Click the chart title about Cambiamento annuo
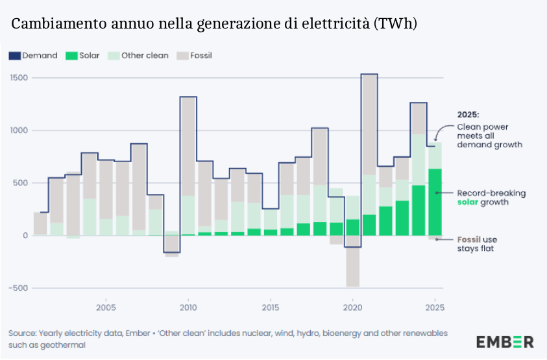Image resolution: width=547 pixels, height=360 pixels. coord(214,24)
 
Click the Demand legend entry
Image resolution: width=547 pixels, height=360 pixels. coord(33,56)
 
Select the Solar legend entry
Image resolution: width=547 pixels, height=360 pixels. coord(83,56)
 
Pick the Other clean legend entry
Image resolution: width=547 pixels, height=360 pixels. coord(138,56)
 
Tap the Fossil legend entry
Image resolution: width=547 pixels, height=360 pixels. coord(194,56)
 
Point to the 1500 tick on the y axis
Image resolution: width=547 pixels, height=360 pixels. coord(18,78)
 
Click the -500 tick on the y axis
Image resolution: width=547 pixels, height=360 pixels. coord(18,288)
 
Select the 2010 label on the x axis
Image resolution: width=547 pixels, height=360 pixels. coord(188,307)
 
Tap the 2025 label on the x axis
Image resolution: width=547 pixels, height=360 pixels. coord(435,307)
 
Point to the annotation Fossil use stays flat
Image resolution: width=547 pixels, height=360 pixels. coord(476,244)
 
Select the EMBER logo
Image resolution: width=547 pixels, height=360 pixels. coord(505,341)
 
